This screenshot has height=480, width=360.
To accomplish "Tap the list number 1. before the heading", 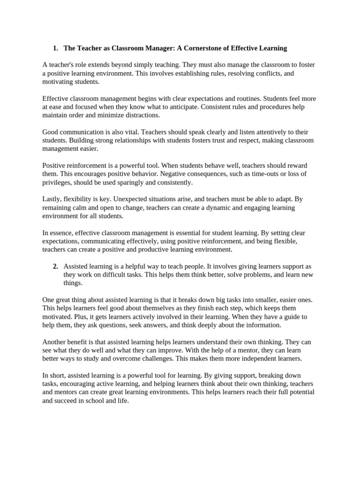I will [55, 48].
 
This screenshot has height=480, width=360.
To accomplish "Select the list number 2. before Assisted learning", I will [55, 266].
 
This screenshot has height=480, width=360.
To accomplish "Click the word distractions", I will [140, 115].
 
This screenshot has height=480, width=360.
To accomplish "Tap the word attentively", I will [249, 132].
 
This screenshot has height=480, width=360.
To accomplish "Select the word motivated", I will [57, 316].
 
